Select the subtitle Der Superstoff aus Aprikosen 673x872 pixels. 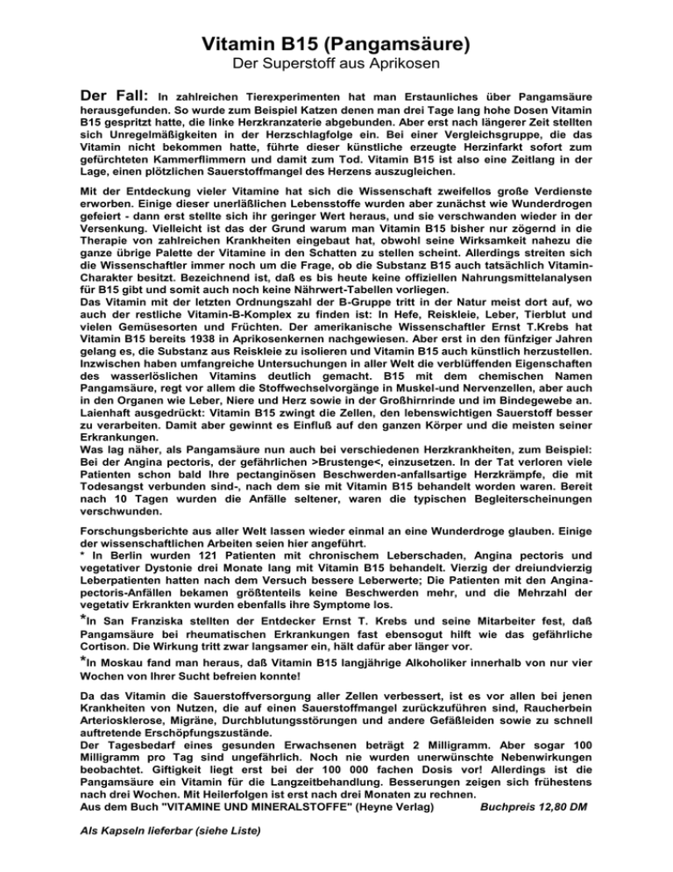pyautogui.click(x=336, y=66)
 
